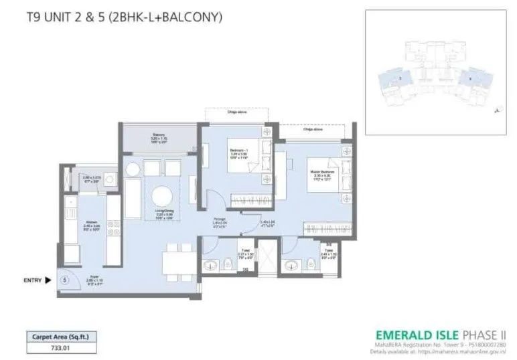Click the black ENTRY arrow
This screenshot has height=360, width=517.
(x=49, y=281)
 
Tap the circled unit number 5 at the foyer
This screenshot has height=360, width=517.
(x=64, y=281)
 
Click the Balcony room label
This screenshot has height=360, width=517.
(x=158, y=139)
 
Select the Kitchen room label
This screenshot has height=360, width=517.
(x=92, y=225)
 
